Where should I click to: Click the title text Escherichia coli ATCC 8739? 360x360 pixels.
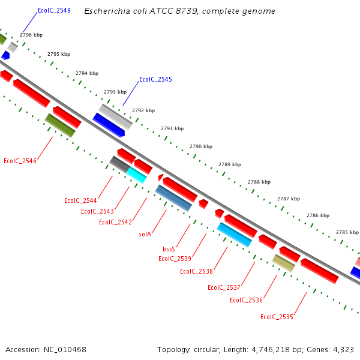tap(179, 11)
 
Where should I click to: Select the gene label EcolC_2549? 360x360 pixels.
tap(54, 10)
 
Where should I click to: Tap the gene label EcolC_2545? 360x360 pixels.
tap(155, 79)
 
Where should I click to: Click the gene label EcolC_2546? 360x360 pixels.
tap(20, 161)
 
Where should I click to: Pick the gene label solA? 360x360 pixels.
tap(145, 234)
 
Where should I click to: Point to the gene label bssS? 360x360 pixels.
tap(169, 248)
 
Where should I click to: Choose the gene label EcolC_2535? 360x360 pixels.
tap(277, 317)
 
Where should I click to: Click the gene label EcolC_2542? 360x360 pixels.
tap(115, 222)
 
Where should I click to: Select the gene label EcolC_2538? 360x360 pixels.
tap(196, 271)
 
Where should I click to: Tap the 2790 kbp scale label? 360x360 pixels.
tap(201, 146)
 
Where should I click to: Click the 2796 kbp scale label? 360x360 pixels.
tap(31, 35)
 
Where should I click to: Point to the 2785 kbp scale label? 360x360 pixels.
tap(347, 232)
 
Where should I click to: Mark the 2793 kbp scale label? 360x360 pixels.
tap(115, 92)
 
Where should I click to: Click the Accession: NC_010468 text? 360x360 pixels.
tap(46, 349)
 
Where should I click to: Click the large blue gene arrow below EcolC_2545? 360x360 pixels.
tap(109, 125)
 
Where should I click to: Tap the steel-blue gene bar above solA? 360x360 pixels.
tap(173, 198)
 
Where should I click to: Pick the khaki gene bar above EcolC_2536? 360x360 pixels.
tap(284, 263)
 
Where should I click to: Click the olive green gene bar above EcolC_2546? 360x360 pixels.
tap(60, 125)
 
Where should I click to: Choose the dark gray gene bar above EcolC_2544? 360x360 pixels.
tap(119, 163)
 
